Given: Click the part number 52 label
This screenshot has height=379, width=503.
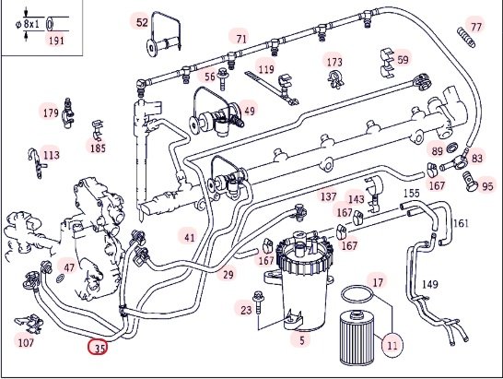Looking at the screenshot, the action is tap(142, 22).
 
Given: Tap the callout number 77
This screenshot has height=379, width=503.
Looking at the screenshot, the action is tap(476, 27).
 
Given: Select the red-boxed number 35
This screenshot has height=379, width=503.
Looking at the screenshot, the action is tap(98, 348).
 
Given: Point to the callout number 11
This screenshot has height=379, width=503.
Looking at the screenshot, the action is tap(392, 345).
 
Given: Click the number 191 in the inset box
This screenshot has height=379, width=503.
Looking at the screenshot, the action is tap(56, 41).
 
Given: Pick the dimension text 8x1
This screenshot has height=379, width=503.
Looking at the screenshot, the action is tap(31, 24).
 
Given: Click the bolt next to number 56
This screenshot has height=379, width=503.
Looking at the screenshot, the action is tap(222, 78).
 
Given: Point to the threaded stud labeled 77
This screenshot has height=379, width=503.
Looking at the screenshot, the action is tap(466, 37).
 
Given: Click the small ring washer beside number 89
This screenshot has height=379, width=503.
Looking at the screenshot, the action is tap(452, 148).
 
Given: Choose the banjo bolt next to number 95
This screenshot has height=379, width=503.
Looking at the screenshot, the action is tap(470, 181).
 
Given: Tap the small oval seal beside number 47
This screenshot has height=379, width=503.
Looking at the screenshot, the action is tap(60, 278).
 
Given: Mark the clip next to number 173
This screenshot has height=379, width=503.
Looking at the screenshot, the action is tap(335, 78).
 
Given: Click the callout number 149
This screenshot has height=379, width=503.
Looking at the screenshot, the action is tap(430, 284).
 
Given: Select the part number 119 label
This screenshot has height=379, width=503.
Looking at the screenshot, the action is tap(266, 69).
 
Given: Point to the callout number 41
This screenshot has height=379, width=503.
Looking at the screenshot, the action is tap(190, 238).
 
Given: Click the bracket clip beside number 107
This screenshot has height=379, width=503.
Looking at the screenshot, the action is tap(29, 324).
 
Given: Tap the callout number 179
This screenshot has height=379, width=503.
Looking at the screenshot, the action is tap(51, 113).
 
